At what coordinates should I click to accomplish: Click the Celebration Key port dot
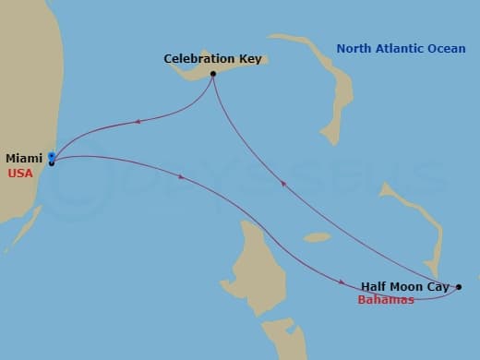(x=213, y=74)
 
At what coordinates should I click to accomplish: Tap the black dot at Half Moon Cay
(x=459, y=287)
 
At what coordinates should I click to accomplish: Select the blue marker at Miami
(x=52, y=157)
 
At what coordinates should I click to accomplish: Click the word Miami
(x=24, y=159)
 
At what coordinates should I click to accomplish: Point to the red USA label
(x=19, y=173)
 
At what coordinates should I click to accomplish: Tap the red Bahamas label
(x=386, y=300)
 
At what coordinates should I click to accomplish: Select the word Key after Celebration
(x=249, y=59)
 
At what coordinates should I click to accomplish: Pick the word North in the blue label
(x=354, y=49)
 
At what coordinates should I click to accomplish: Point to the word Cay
(x=438, y=287)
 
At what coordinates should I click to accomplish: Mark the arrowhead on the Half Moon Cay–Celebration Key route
(x=284, y=183)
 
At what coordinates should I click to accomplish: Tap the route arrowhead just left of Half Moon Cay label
(x=343, y=281)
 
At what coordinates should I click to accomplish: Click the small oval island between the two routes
(x=316, y=237)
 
